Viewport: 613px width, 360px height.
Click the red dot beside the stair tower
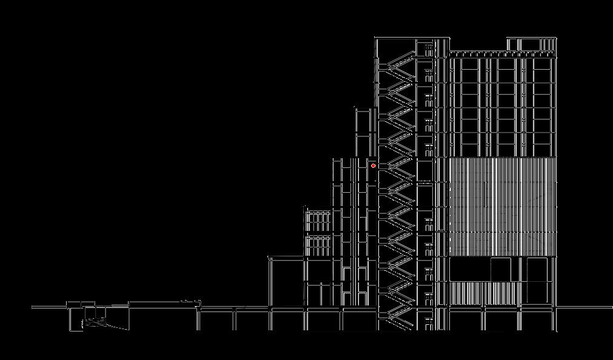point(373,165)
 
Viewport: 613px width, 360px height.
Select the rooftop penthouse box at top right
point(531,44)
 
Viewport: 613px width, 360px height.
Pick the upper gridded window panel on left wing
point(318,221)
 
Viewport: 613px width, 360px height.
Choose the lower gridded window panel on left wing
point(318,245)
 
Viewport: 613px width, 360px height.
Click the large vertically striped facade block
point(502,206)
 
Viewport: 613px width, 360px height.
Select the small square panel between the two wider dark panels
point(500,269)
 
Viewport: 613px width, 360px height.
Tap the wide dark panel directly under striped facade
point(470,269)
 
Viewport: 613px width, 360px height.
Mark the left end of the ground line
point(33,307)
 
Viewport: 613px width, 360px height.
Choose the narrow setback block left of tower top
point(363,130)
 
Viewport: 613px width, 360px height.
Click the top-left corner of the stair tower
point(376,38)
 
